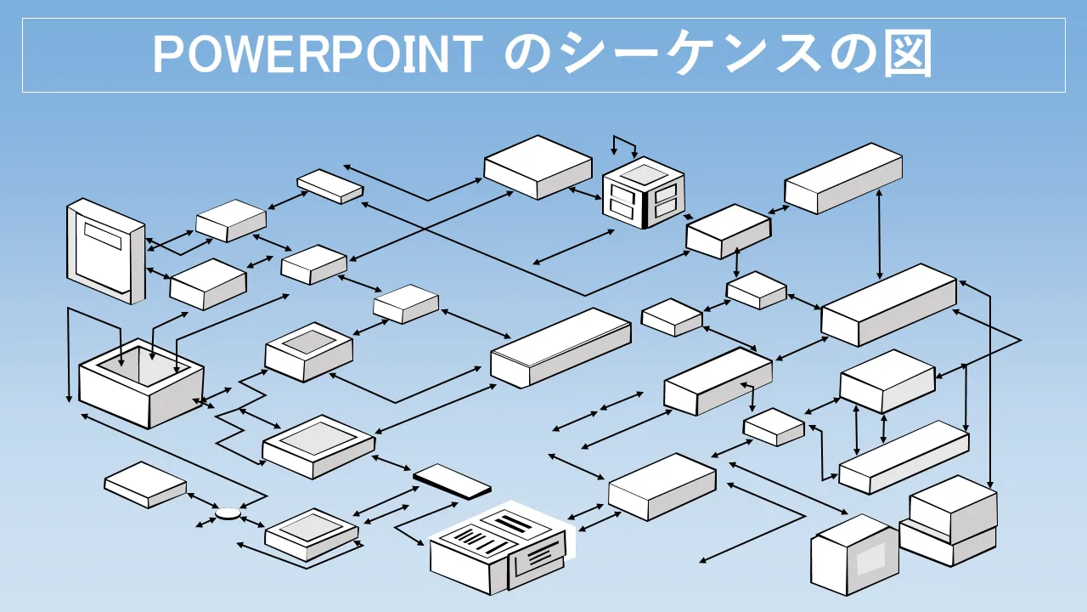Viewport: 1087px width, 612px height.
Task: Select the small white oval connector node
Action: (228, 513)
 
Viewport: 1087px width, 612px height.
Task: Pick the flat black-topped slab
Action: (452, 481)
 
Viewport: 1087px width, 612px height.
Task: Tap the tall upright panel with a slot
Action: (105, 251)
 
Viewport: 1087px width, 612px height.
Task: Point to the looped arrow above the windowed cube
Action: (624, 144)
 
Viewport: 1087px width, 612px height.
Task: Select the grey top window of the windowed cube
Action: (645, 174)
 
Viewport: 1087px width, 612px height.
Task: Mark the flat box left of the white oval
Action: (145, 484)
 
